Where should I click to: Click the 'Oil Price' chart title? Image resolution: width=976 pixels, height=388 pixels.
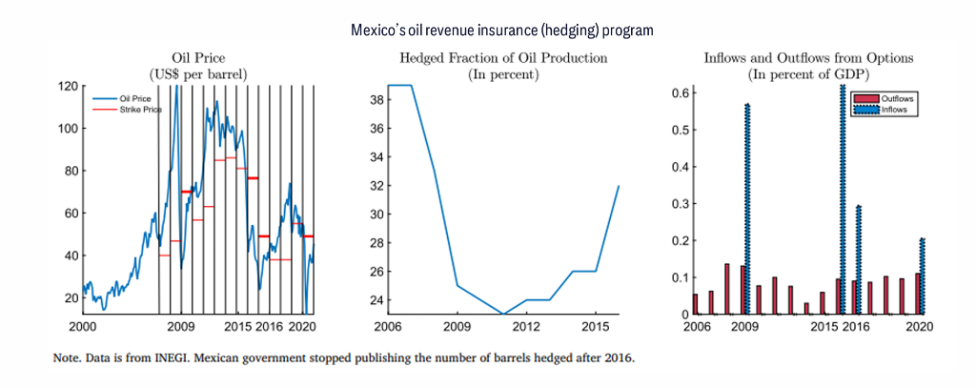tap(197, 58)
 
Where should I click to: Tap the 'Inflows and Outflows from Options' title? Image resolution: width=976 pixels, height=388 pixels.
tap(808, 58)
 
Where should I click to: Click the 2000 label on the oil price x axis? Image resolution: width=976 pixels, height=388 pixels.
tap(83, 326)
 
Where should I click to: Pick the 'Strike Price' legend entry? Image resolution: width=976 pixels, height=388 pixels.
tap(140, 110)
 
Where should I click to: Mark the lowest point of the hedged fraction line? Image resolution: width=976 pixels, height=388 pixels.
tap(503, 314)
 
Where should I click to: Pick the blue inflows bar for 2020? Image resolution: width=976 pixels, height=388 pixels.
tap(923, 276)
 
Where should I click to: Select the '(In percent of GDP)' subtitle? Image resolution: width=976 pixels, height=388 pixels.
tap(808, 73)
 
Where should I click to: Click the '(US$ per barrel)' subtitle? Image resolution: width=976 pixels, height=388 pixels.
tap(197, 73)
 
